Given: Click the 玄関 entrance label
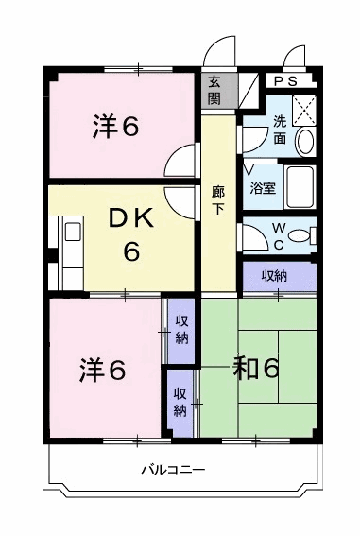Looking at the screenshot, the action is pyautogui.click(x=214, y=90).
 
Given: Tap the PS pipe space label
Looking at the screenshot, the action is pyautogui.click(x=286, y=81).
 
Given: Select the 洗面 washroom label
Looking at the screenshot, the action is pyautogui.click(x=280, y=130).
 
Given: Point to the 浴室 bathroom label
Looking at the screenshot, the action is pyautogui.click(x=263, y=188).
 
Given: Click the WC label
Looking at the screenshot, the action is pyautogui.click(x=279, y=236).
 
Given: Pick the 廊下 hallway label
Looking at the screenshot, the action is pyautogui.click(x=218, y=200).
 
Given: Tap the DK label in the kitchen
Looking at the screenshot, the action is pyautogui.click(x=130, y=218).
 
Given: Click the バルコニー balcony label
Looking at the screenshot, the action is pyautogui.click(x=174, y=469).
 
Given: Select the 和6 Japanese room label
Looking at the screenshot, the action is pyautogui.click(x=255, y=369).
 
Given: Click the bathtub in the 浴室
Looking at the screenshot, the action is pyautogui.click(x=300, y=187).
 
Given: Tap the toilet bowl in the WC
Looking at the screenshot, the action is pyautogui.click(x=300, y=236).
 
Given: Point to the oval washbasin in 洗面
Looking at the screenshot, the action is pyautogui.click(x=305, y=141).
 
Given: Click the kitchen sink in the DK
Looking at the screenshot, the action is pyautogui.click(x=73, y=232).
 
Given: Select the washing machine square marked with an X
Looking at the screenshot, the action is pyautogui.click(x=304, y=110).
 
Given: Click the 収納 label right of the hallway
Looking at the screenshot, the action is pyautogui.click(x=274, y=276).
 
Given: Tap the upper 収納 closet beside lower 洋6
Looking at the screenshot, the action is pyautogui.click(x=181, y=331).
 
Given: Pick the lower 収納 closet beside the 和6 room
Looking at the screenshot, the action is pyautogui.click(x=180, y=403).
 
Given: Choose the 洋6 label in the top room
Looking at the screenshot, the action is pyautogui.click(x=115, y=126).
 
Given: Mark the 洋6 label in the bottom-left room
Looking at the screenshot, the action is pyautogui.click(x=102, y=371).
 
